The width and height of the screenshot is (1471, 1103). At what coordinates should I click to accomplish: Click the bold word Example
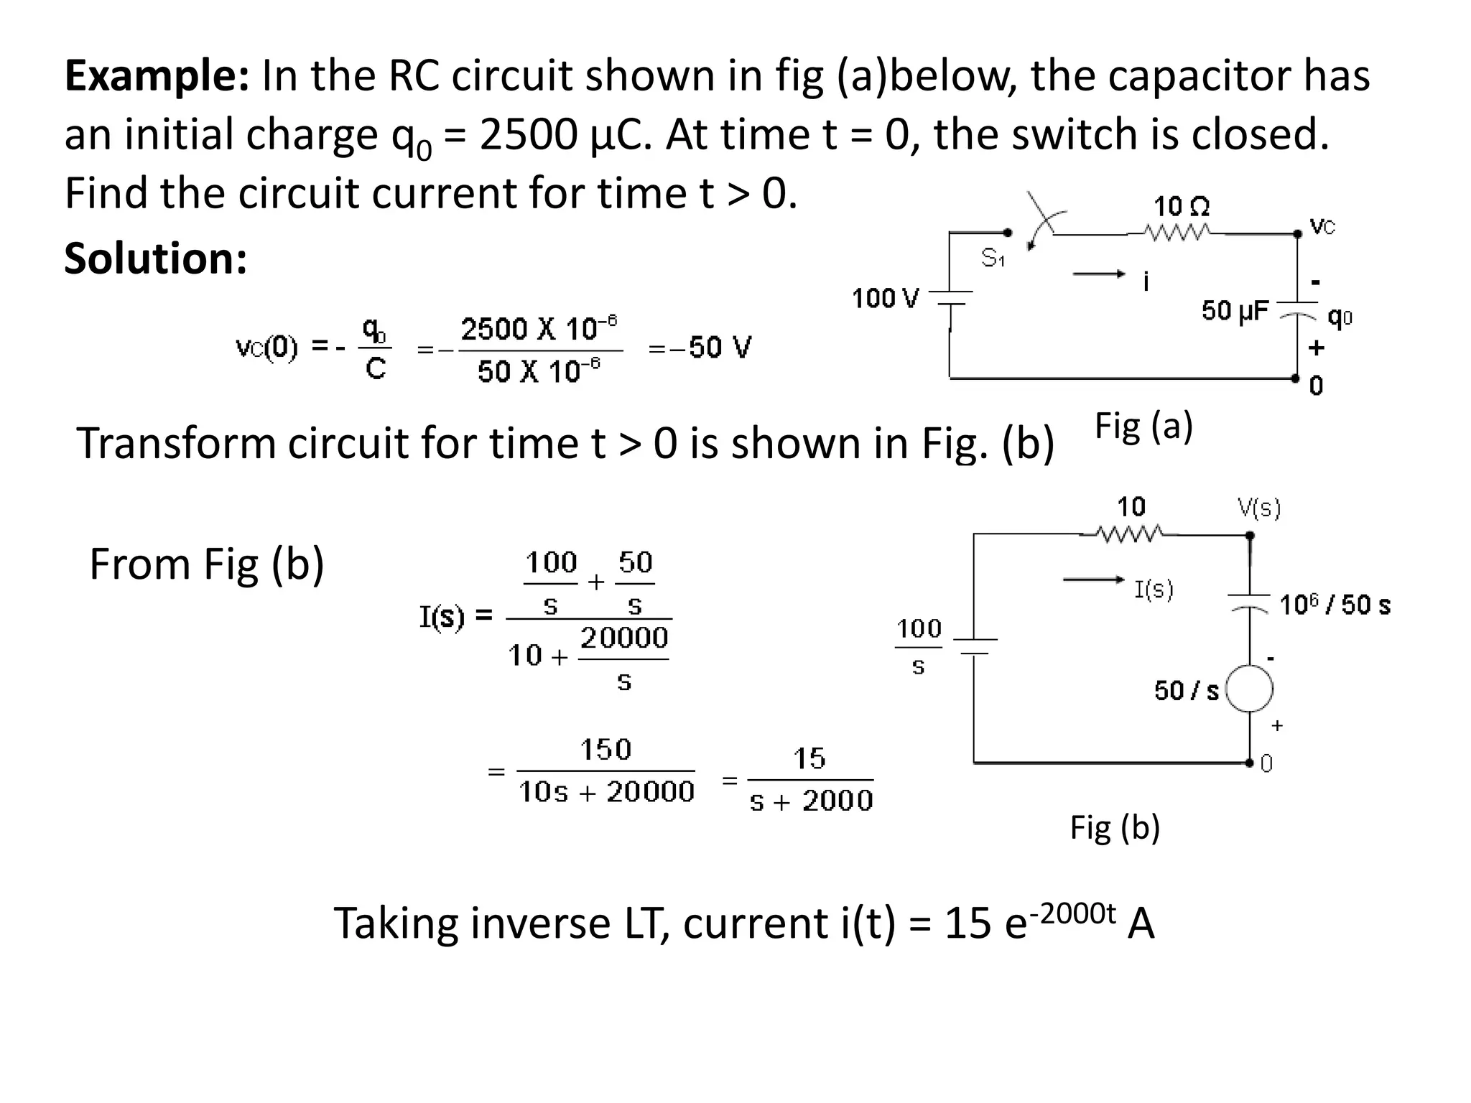[157, 76]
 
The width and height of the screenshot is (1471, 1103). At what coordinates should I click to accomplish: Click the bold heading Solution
[155, 259]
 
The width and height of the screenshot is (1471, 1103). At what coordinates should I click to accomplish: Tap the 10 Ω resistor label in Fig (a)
[1181, 207]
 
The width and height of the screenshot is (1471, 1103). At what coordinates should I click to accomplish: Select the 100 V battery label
[885, 298]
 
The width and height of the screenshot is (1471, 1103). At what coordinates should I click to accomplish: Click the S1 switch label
[993, 257]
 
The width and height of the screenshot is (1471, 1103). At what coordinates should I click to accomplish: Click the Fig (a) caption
[1143, 426]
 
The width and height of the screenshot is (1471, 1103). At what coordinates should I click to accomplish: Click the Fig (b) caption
[1115, 827]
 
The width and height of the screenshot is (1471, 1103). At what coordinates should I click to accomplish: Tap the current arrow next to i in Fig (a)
[1098, 274]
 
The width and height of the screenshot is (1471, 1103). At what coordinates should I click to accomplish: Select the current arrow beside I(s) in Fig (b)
[1092, 580]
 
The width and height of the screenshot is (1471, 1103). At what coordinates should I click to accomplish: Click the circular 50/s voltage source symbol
[1250, 689]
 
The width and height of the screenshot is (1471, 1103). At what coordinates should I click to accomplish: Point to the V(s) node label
[1259, 508]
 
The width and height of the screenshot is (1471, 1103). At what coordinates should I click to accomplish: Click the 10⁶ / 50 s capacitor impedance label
[1335, 605]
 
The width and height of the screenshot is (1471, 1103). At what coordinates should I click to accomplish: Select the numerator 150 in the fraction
[605, 750]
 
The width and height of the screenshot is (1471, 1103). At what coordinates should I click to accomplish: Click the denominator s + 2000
[811, 801]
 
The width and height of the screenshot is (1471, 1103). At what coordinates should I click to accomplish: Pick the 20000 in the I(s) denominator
[623, 638]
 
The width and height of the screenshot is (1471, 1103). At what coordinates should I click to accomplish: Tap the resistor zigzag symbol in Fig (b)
[1130, 534]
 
